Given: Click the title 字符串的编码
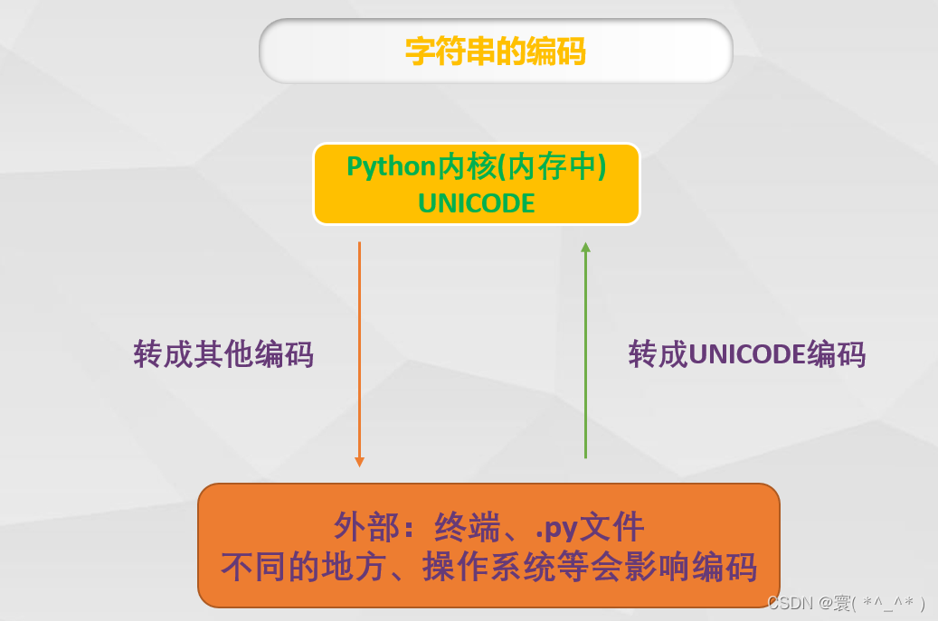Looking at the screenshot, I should tap(495, 52).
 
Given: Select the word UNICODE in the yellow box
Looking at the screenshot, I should tap(477, 203).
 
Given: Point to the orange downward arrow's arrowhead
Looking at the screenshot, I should tap(359, 461).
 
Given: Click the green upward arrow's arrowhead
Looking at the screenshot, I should tap(585, 247).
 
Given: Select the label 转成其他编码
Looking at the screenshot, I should tap(223, 353).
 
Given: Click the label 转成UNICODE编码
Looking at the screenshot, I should tap(747, 353).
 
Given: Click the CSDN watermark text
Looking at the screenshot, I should tap(790, 603).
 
